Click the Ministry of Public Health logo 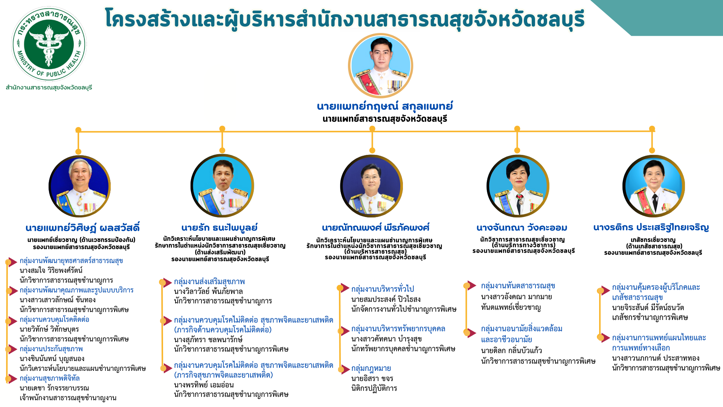(49, 44)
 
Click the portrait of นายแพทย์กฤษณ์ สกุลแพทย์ (380, 66)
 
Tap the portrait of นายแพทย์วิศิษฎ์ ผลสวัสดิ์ (79, 186)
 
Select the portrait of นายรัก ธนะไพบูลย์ (222, 186)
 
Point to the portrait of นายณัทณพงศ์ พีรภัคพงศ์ (371, 186)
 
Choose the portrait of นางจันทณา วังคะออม (518, 186)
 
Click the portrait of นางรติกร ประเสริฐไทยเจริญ (653, 186)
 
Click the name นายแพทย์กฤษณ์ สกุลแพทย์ (385, 106)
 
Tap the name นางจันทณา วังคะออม (522, 228)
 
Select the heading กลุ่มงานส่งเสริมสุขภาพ (209, 282)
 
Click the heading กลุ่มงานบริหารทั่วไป (383, 289)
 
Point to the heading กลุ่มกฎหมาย (371, 368)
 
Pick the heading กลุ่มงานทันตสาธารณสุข (518, 286)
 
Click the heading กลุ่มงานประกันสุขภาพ (51, 349)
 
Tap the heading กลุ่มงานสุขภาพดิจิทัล (50, 378)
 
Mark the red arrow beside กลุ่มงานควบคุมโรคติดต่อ (12, 321)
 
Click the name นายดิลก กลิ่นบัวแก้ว (511, 350)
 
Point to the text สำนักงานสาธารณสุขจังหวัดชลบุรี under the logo (49, 88)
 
